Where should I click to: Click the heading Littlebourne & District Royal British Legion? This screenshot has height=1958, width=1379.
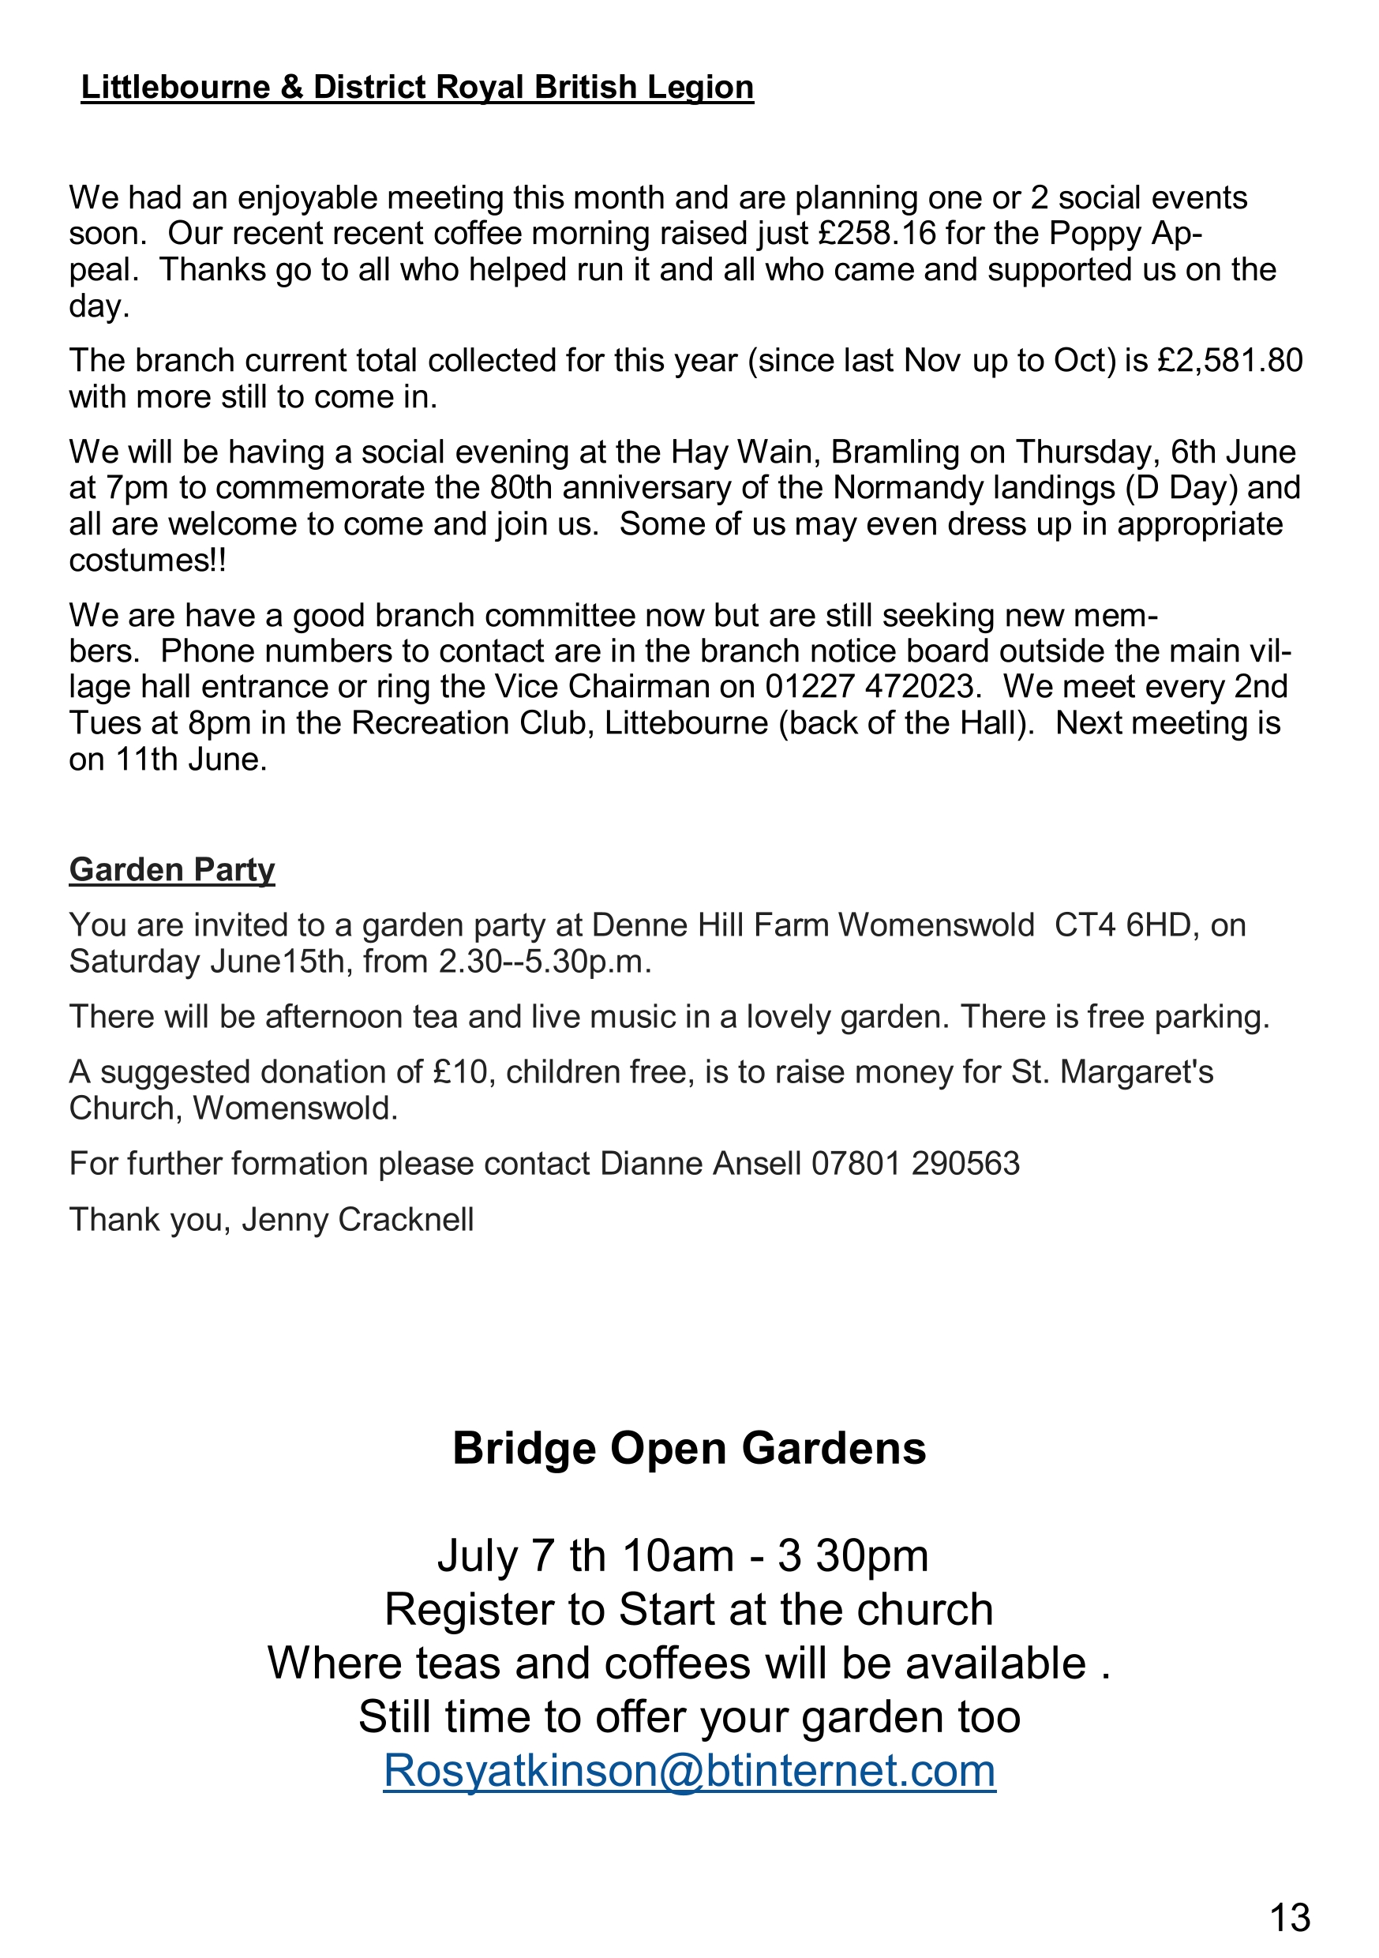pos(417,88)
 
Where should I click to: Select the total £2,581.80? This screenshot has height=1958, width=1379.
pos(1230,361)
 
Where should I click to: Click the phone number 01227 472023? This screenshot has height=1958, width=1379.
pos(869,687)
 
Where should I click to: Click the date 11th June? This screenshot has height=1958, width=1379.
pos(191,759)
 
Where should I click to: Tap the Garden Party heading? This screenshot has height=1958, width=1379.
pos(172,870)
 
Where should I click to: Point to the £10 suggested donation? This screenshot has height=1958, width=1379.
pos(464,1072)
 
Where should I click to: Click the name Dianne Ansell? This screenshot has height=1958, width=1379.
pos(701,1164)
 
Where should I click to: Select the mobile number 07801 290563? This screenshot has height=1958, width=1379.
pos(915,1164)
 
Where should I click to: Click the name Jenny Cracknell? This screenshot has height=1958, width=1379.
pos(358,1221)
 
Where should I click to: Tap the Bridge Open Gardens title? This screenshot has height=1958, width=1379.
pos(689,1448)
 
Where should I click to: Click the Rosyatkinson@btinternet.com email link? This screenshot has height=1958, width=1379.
pos(689,1770)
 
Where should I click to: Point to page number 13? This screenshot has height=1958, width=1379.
pos(1290,1918)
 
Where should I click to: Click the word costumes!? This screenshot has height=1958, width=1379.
pos(148,561)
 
